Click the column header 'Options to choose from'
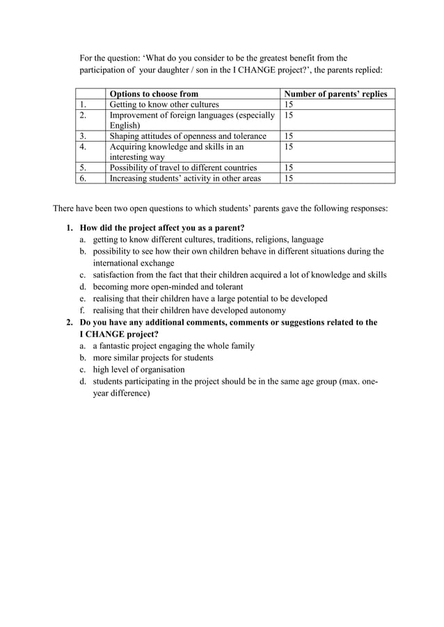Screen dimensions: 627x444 coord(154,94)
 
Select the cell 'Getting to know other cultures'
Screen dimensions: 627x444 coord(164,104)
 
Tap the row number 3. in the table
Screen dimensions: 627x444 coord(84,136)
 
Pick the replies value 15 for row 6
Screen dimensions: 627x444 coord(288,178)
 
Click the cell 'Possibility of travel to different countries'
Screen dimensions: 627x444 coord(183,168)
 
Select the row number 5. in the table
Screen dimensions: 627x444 coord(84,168)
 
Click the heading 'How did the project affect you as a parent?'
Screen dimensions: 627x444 coord(162,227)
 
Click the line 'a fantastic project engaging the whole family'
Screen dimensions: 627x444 coord(173,345)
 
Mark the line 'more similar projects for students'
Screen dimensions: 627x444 coord(153,357)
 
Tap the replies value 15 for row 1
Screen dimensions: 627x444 coord(288,104)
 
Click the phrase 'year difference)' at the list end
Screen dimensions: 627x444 coord(122,393)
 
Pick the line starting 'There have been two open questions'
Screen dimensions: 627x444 coord(221,207)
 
